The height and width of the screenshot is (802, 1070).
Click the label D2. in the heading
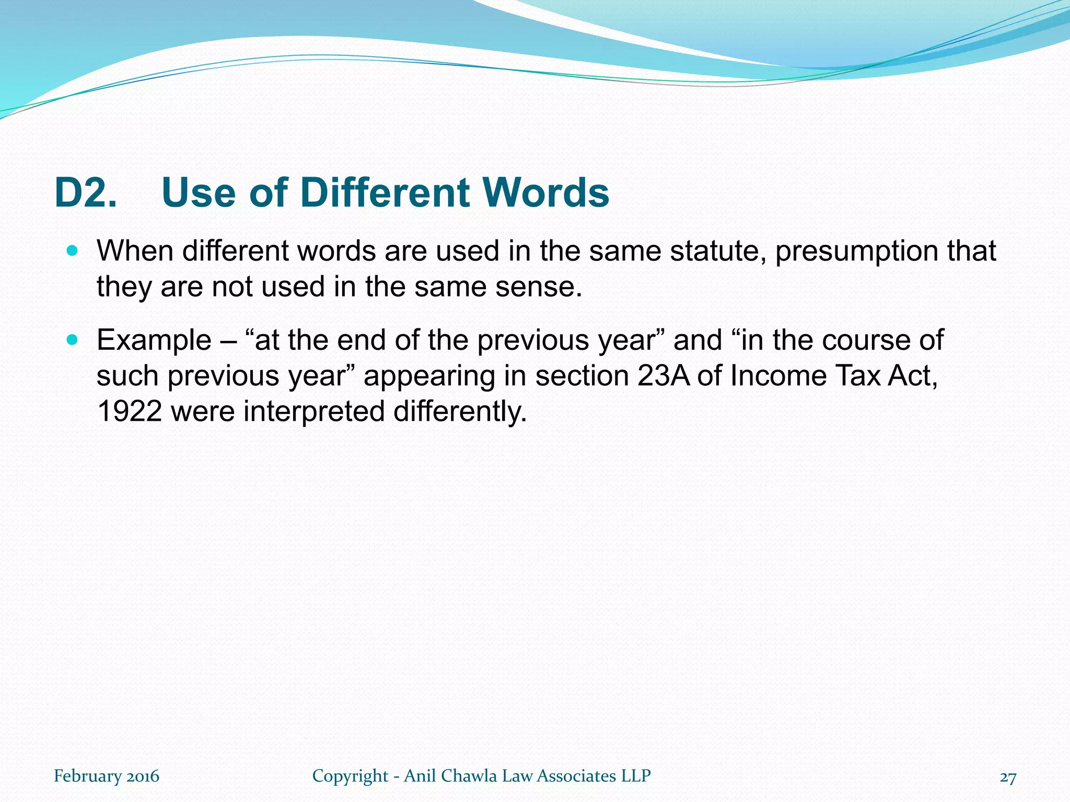click(x=86, y=193)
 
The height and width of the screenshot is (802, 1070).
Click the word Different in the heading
click(x=386, y=193)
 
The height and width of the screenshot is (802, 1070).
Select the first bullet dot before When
click(x=73, y=251)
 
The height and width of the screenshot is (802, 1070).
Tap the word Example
click(x=154, y=341)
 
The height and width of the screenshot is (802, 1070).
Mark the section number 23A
click(x=664, y=376)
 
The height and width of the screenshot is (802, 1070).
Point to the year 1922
click(x=130, y=411)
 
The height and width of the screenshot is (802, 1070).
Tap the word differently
click(x=460, y=412)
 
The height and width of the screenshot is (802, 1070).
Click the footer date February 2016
click(x=107, y=776)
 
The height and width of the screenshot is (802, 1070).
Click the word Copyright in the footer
click(x=351, y=776)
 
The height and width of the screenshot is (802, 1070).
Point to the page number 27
click(x=1008, y=777)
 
